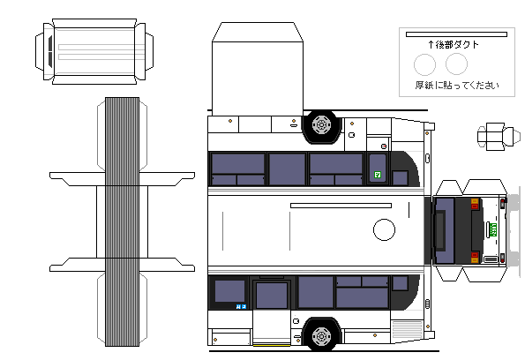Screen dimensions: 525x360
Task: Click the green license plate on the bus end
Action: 493,229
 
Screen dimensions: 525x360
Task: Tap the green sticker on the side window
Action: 378,175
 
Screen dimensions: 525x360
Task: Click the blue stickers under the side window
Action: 241,306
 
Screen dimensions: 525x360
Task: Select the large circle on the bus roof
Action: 384,229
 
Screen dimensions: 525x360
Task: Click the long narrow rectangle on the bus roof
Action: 341,206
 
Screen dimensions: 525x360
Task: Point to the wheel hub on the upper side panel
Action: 321,125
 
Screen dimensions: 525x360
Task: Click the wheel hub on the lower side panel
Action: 321,336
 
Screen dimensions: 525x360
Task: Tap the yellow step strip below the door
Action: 272,345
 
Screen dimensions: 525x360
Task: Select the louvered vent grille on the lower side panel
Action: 407,329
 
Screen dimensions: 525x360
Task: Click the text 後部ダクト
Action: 457,44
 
